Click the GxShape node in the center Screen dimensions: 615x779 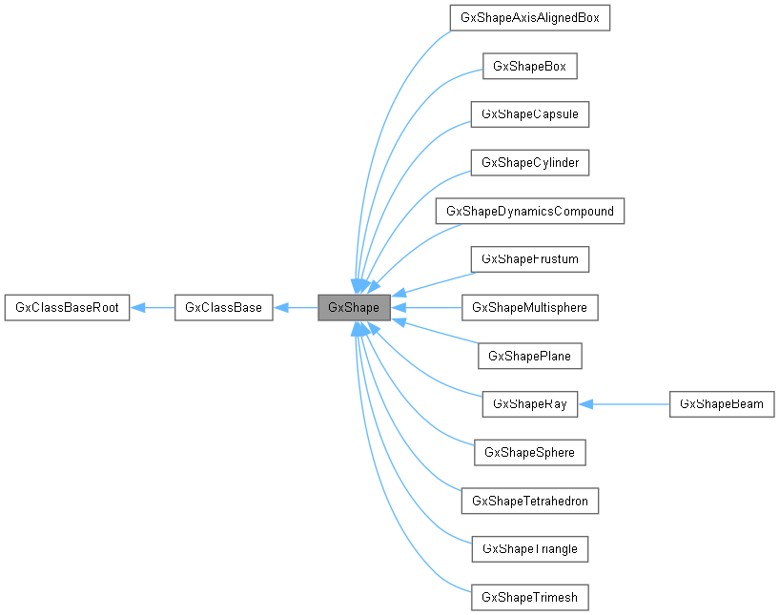pyautogui.click(x=354, y=308)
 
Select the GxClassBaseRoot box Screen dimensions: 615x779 pyautogui.click(x=67, y=308)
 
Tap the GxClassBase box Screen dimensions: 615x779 pyautogui.click(x=224, y=308)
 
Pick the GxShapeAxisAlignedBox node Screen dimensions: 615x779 pyautogui.click(x=529, y=18)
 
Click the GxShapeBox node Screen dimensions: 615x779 pyautogui.click(x=529, y=67)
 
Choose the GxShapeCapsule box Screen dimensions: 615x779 pyautogui.click(x=529, y=114)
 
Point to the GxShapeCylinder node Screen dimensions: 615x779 pyautogui.click(x=529, y=163)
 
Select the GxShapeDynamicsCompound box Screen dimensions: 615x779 pyautogui.click(x=529, y=211)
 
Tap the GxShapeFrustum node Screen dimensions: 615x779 pyautogui.click(x=529, y=259)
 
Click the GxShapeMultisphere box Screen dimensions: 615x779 pyautogui.click(x=529, y=308)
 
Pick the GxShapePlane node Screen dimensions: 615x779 pyautogui.click(x=529, y=357)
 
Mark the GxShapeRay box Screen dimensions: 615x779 pyautogui.click(x=529, y=404)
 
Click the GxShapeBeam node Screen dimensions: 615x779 pyautogui.click(x=722, y=404)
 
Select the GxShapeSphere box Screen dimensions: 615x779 pyautogui.click(x=529, y=453)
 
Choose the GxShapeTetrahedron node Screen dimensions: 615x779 pyautogui.click(x=529, y=501)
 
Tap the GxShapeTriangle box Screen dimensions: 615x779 pyautogui.click(x=529, y=549)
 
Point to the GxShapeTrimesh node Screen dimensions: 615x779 pyautogui.click(x=529, y=598)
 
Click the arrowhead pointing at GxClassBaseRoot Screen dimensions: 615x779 pyautogui.click(x=137, y=308)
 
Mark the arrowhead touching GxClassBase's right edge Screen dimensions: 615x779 pyautogui.click(x=281, y=308)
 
